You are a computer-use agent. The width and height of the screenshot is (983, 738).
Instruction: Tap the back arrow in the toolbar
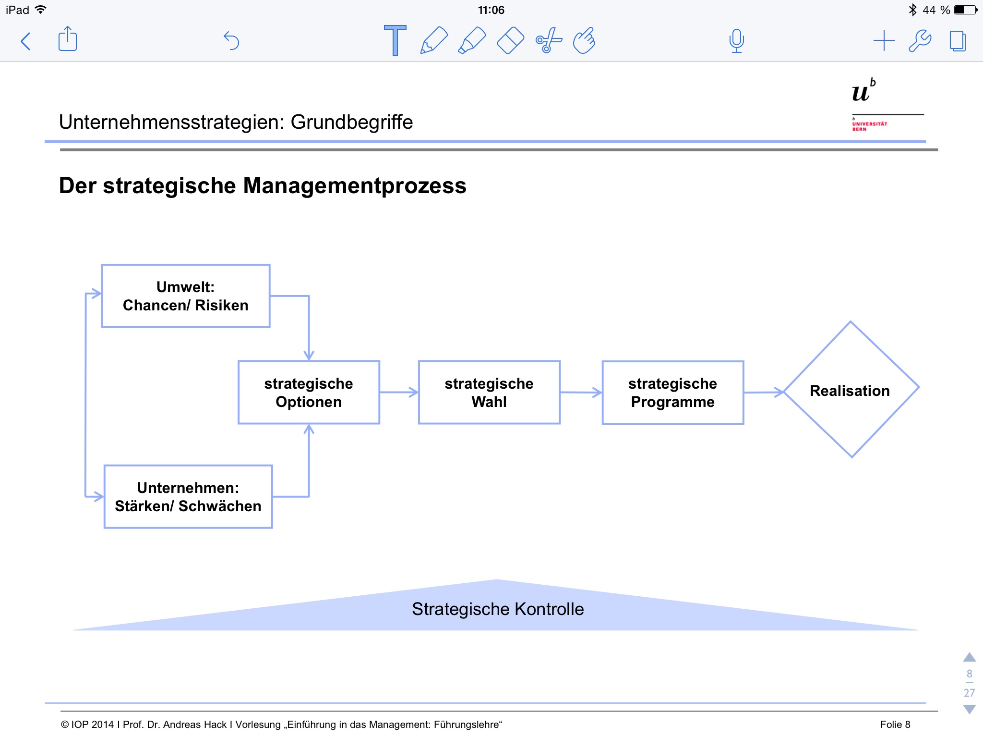coord(26,41)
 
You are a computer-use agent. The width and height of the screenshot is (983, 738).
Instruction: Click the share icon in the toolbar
coord(68,39)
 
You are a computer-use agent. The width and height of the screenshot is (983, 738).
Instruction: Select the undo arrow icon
coord(231,41)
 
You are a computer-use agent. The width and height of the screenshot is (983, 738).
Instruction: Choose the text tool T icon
coord(395,40)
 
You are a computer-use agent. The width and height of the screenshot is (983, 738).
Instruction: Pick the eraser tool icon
coord(510,40)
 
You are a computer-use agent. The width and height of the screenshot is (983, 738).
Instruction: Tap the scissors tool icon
coord(548,40)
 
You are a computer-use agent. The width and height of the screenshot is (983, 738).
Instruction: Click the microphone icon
coord(736,41)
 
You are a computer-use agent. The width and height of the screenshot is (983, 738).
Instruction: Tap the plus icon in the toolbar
coord(884,41)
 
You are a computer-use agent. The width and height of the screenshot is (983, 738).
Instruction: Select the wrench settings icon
coord(920,41)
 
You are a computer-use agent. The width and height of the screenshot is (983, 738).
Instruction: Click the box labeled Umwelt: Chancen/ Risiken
coord(186,296)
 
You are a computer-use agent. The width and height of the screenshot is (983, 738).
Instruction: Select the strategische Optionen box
coord(309,393)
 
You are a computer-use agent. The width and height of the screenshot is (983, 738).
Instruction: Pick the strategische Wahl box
coord(489,393)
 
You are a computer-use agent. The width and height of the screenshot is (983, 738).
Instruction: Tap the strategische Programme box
coord(672,393)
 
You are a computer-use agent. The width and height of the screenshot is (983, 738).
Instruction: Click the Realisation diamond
coord(850,390)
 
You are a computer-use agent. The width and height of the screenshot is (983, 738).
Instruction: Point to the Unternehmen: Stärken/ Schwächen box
coord(188,497)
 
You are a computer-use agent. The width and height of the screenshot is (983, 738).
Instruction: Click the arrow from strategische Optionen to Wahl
coord(399,393)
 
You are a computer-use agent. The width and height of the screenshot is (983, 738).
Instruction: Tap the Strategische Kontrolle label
coord(498,609)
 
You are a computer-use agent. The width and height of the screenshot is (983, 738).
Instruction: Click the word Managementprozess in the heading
coord(355,186)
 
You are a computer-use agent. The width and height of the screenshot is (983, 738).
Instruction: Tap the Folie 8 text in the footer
coord(895,725)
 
